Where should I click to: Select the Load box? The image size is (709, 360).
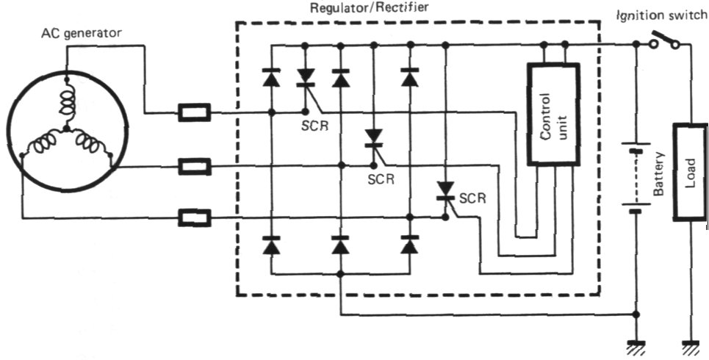690,173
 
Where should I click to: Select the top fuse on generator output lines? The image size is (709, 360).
195,113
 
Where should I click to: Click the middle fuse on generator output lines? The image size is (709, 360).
195,166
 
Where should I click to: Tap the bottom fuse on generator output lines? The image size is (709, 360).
195,217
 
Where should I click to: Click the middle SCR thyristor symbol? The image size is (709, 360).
374,137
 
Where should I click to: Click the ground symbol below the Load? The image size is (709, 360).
690,345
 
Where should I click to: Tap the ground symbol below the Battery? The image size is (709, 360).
636,345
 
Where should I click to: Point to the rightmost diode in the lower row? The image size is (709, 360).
410,245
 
